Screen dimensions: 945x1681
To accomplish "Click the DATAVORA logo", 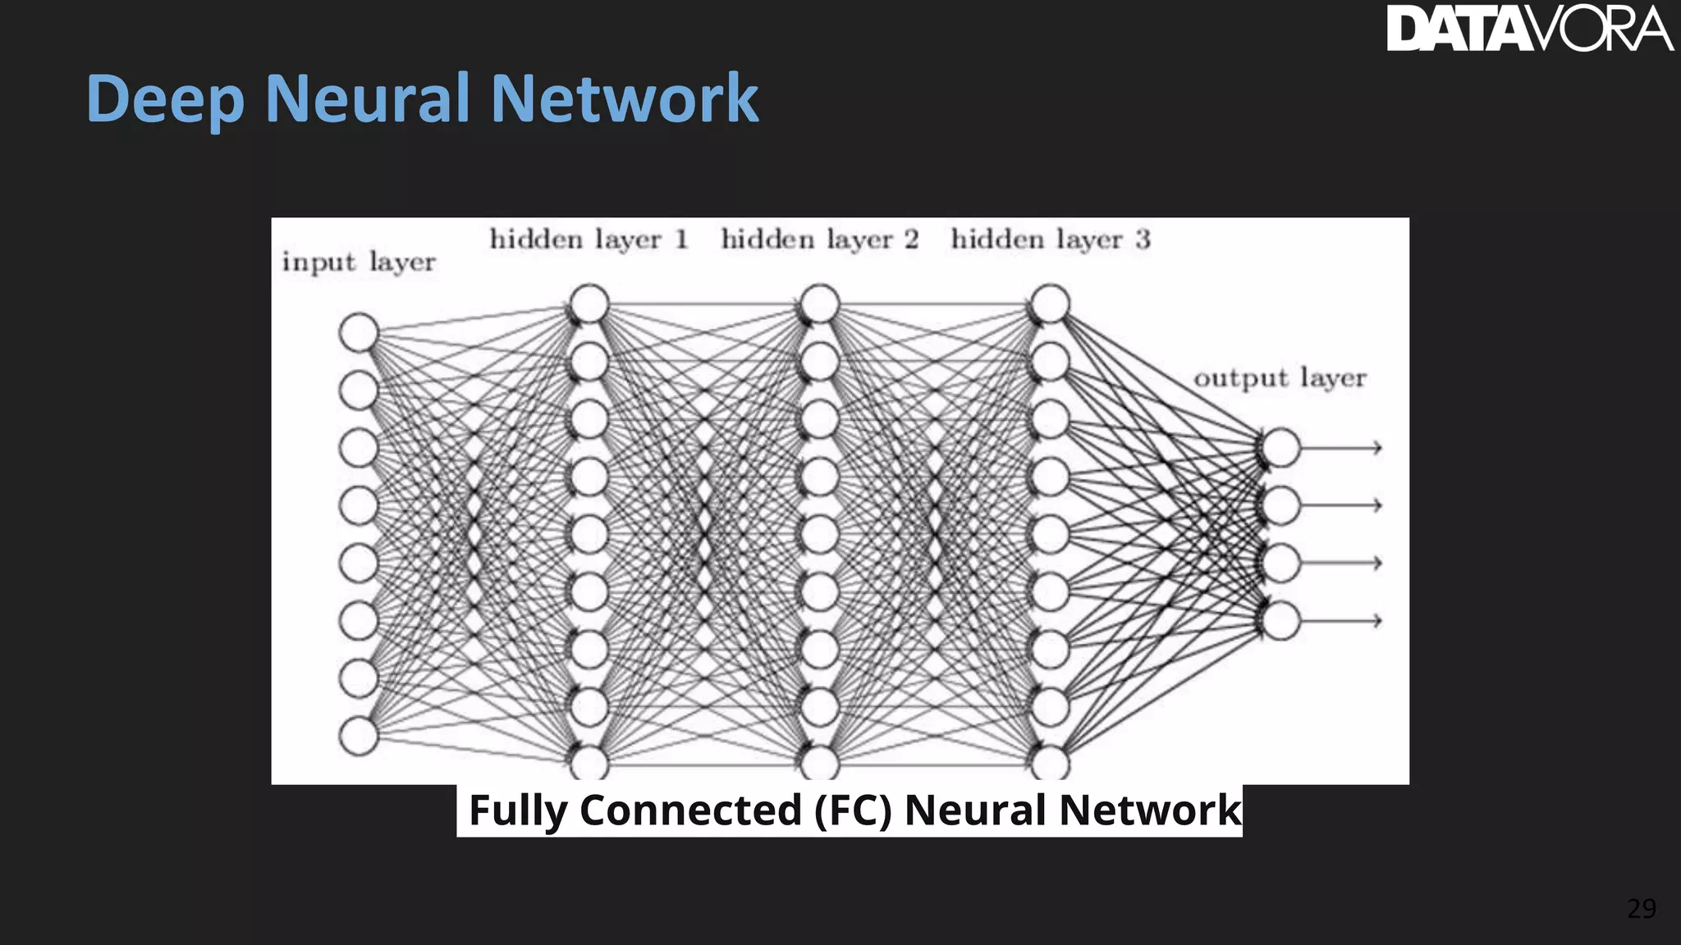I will (x=1528, y=30).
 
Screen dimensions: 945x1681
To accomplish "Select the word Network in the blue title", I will (x=625, y=98).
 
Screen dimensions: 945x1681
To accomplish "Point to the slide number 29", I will (x=1641, y=909).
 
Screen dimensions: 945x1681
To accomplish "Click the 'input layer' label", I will (x=359, y=262).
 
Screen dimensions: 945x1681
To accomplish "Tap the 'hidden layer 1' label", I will (x=589, y=240).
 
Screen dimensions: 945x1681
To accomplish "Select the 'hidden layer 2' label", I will (x=819, y=240).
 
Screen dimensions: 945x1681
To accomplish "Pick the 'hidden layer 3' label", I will (x=1050, y=240).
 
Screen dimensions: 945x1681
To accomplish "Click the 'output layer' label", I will (x=1280, y=378).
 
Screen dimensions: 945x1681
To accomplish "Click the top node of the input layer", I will (x=359, y=332).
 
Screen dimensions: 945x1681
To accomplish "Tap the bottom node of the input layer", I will (x=359, y=736).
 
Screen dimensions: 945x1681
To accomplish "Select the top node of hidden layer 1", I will (x=589, y=304).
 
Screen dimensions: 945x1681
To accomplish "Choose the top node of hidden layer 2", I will (x=819, y=304).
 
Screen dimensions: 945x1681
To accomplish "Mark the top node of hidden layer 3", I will (x=1050, y=304).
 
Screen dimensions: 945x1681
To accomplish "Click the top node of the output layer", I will (x=1280, y=448).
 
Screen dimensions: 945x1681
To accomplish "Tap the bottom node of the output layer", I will (x=1280, y=620).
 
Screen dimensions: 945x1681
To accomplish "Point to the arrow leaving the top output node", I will (x=1342, y=448).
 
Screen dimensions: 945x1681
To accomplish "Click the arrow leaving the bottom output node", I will (x=1342, y=620).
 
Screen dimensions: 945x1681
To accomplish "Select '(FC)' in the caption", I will (x=853, y=810).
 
